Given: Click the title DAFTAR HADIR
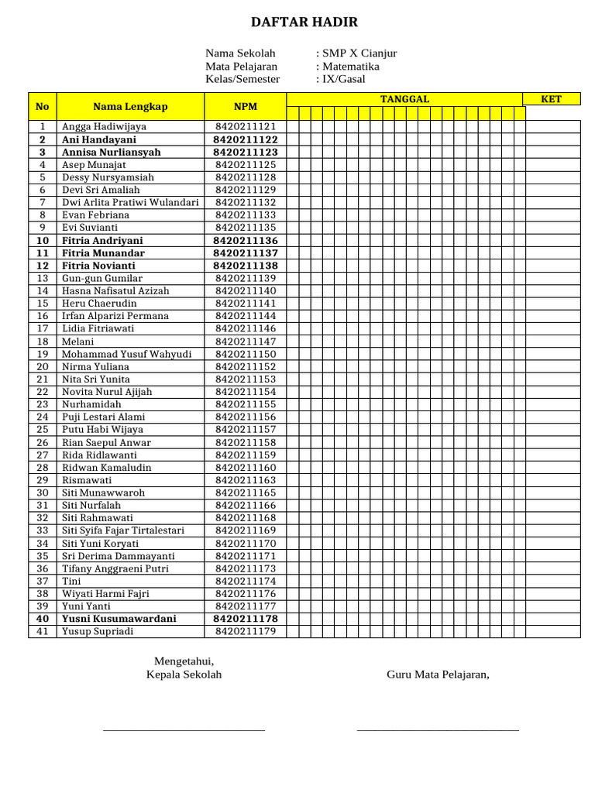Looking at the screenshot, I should pos(304,22).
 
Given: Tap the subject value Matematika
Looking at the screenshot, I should pos(351,67).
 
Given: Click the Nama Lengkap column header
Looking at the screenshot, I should pos(130,107).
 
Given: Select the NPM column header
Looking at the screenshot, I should pos(246,107).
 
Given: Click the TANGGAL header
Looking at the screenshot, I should pos(404,99).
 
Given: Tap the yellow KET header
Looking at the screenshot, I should pos(551,99).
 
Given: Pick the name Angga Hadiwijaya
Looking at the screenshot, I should pos(104,126).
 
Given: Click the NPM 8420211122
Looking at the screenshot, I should pos(246,139).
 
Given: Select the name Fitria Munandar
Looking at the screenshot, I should pos(103,253).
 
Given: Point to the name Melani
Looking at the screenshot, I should pos(78,342).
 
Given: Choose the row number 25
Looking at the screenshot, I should pos(43,430).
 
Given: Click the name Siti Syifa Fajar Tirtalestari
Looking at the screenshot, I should pos(123,530).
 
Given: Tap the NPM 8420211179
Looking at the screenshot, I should pos(246,631).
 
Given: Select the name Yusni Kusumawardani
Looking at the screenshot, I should pos(119,619).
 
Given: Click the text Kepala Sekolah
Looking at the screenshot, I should pos(184,675).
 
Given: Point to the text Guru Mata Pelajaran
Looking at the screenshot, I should pos(438,675).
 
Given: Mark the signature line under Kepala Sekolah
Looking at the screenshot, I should pos(184,729).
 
